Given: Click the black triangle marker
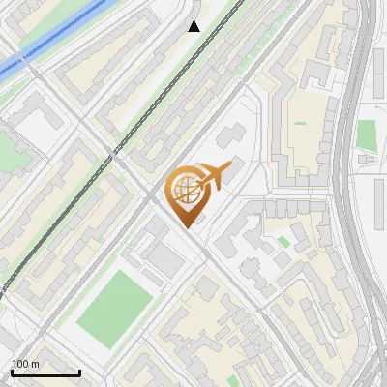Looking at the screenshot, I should click(194, 26).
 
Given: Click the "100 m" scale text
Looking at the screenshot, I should click(25, 364).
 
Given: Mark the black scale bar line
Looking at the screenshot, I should click(45, 372).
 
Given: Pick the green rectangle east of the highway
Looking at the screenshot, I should click(366, 134).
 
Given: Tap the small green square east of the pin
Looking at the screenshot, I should click(283, 241).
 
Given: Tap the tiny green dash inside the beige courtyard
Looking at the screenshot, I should click(300, 123).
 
